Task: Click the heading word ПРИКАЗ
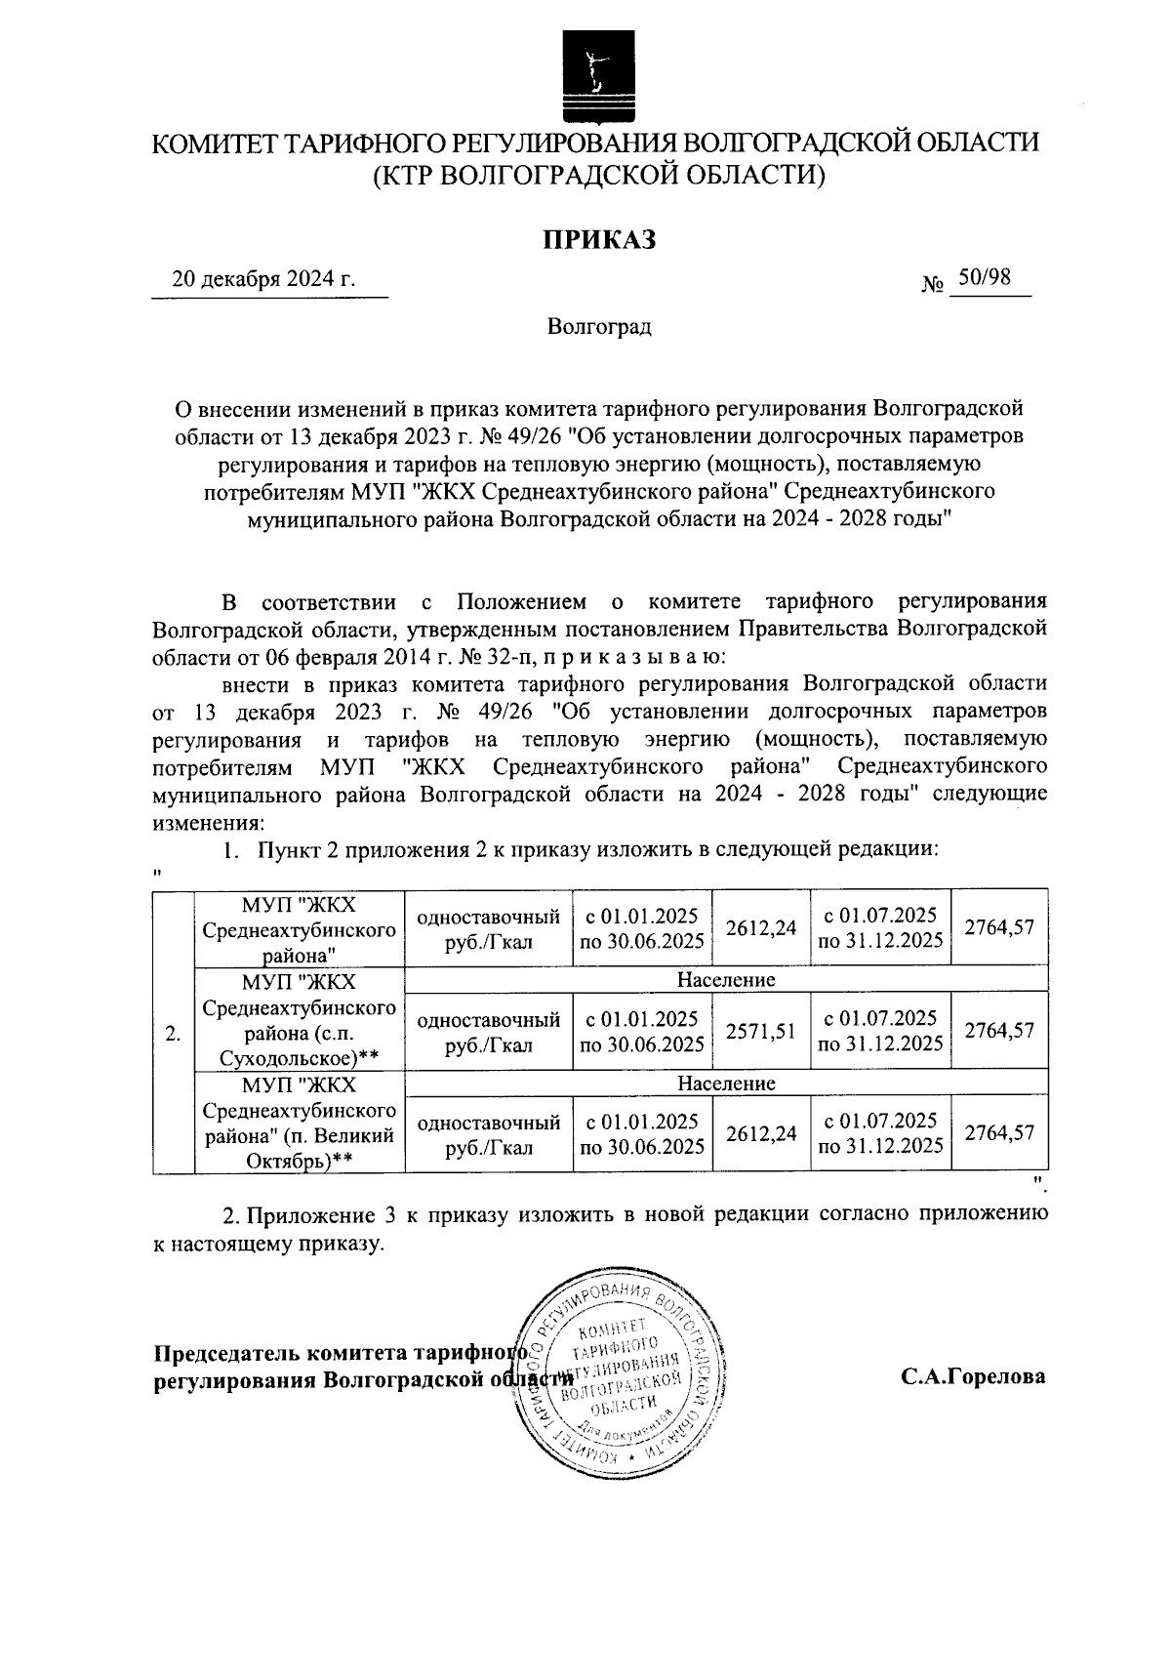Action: click(x=597, y=238)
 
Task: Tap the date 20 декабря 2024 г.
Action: click(x=263, y=279)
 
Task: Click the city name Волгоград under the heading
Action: click(x=598, y=326)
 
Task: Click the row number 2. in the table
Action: click(x=174, y=1033)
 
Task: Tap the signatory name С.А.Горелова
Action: click(x=972, y=1376)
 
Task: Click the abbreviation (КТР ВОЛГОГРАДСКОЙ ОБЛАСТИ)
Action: click(x=597, y=174)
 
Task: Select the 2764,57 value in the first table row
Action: click(x=998, y=927)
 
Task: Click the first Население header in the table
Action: click(x=726, y=979)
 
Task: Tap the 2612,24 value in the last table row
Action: click(x=761, y=1133)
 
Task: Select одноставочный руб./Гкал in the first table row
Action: click(x=488, y=928)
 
